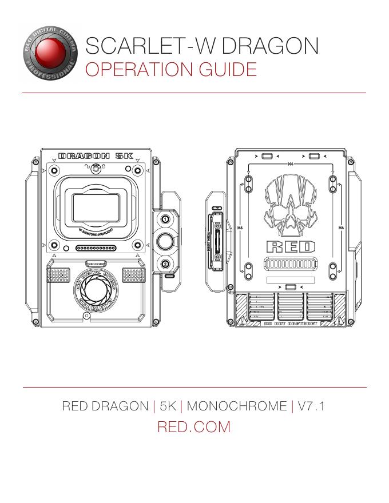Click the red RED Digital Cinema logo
pos(50,54)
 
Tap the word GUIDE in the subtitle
pos(229,70)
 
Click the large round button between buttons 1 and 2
pos(165,241)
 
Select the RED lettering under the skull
pos(291,247)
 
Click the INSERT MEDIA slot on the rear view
pos(217,234)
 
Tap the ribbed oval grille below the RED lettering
pos(291,266)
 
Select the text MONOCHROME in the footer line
pos(237,406)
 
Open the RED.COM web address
pos(193,426)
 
